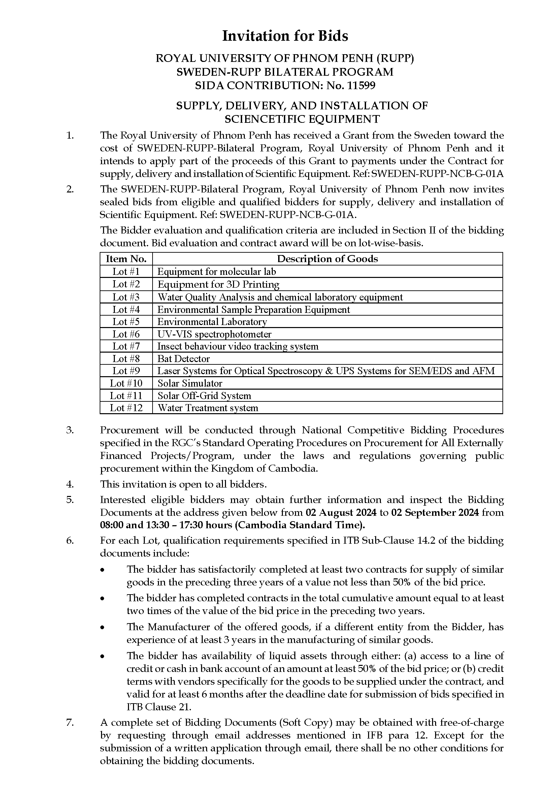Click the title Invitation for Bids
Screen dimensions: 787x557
(285, 36)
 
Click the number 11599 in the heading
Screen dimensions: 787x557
(361, 85)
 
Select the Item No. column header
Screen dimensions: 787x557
(126, 259)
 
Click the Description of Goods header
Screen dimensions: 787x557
(327, 259)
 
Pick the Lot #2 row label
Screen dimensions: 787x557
(126, 284)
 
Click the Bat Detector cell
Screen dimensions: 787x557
(184, 359)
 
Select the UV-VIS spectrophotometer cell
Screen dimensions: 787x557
(215, 334)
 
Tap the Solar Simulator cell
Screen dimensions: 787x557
(190, 383)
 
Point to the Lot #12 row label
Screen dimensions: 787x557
(126, 408)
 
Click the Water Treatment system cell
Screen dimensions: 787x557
(207, 408)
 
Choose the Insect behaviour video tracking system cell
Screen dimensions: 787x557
(238, 346)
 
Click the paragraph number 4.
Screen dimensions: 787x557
(70, 484)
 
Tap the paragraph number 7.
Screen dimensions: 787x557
(70, 722)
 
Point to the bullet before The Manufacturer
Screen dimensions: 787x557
(102, 627)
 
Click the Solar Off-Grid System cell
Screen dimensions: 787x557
(204, 396)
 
